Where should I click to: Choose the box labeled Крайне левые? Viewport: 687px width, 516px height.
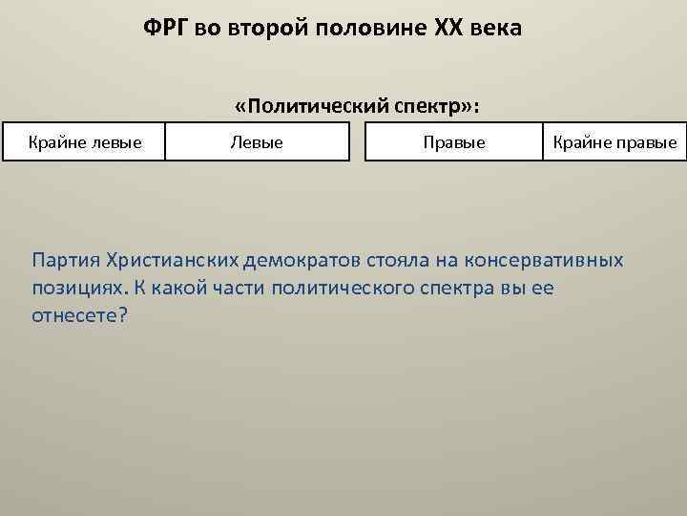point(84,142)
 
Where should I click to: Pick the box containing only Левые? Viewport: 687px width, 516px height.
point(256,142)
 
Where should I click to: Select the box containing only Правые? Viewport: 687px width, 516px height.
point(454,142)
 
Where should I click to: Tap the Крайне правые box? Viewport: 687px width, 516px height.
point(614,142)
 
